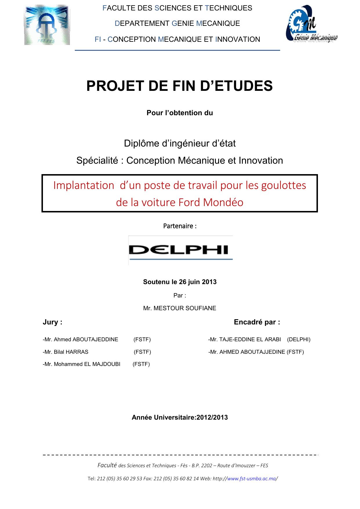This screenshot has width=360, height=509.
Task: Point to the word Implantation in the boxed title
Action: tap(84, 185)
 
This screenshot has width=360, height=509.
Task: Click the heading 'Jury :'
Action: tap(53, 322)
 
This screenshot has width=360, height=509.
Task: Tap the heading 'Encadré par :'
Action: tap(257, 322)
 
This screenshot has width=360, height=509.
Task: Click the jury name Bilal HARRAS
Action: tap(71, 352)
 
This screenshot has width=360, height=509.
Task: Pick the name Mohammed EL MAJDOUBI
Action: tap(87, 364)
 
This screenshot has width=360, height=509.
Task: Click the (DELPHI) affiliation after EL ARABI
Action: tap(299, 340)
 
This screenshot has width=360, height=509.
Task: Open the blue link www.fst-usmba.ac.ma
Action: tap(252, 479)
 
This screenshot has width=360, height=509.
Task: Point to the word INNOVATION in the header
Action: tap(238, 39)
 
